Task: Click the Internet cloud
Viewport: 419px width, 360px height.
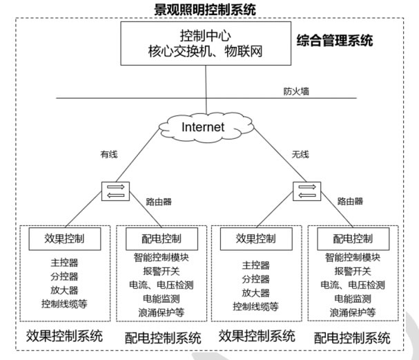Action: [x=203, y=126]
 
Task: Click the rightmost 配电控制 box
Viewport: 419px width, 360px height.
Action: [x=352, y=239]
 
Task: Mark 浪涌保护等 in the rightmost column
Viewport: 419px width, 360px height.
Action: [x=352, y=312]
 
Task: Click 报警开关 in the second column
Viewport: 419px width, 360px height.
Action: [x=160, y=272]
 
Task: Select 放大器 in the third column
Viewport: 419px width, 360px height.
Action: [x=255, y=292]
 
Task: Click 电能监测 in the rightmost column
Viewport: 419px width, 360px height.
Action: [x=352, y=299]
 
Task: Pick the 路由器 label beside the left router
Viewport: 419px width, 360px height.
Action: [x=158, y=202]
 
